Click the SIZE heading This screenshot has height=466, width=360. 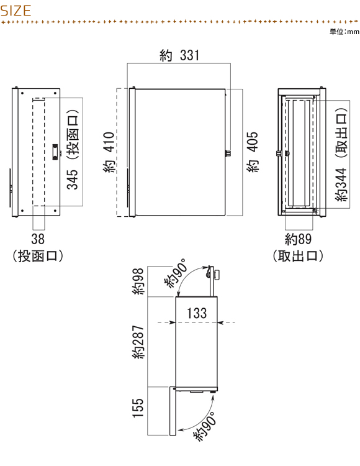16,11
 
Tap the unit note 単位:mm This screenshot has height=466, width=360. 344,32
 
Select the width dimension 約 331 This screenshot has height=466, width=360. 179,55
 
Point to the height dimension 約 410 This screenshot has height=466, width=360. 109,152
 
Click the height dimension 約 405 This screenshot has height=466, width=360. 253,152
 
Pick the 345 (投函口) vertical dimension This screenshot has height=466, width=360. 73,150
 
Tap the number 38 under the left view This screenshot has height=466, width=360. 38,239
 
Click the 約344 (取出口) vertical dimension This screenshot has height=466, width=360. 341,155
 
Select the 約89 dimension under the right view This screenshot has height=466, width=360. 299,239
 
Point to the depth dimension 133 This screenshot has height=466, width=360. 197,313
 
